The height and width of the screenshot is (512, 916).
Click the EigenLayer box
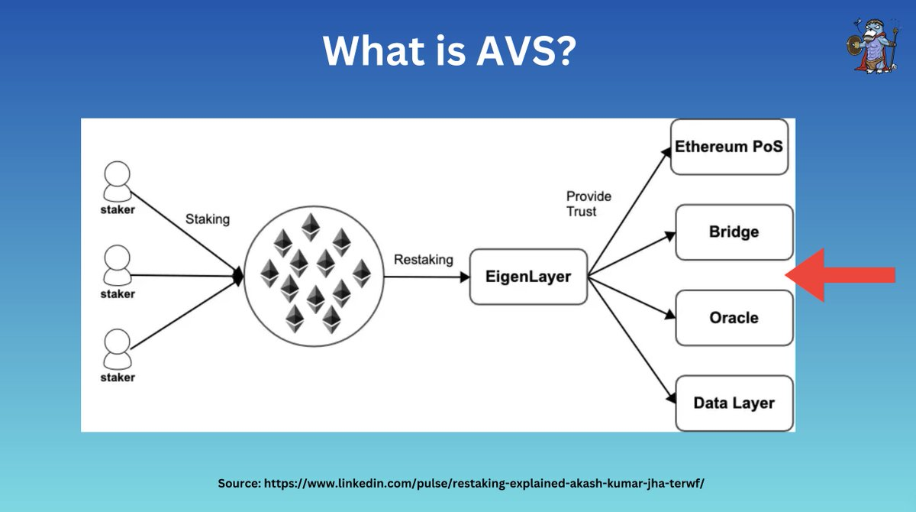[x=528, y=276]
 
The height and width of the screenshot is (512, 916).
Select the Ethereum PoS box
[x=729, y=146]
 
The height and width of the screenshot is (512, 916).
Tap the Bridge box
[x=734, y=232]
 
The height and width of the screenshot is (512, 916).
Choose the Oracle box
[x=734, y=317]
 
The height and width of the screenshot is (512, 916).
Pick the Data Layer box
[x=734, y=403]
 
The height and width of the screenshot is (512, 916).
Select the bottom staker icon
[x=117, y=348]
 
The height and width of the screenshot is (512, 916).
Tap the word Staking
[x=207, y=219]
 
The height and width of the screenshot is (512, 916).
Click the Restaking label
[x=423, y=260]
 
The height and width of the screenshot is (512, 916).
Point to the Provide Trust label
[x=589, y=204]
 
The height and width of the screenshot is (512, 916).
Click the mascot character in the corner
[x=872, y=44]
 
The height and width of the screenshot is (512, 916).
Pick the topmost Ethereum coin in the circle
[x=310, y=226]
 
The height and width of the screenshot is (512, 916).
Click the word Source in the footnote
[x=239, y=484]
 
